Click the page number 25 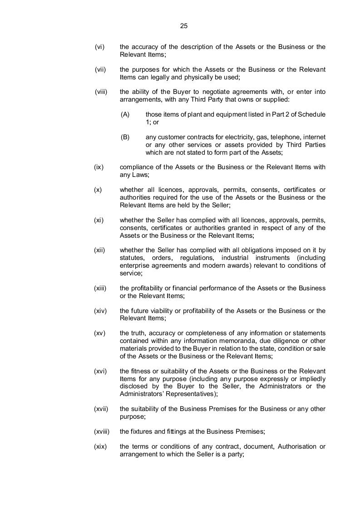(x=184, y=26)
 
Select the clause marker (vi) (x=100, y=47)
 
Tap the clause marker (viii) (x=101, y=92)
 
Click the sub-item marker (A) (x=125, y=114)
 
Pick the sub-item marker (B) (x=125, y=137)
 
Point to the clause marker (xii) (x=100, y=250)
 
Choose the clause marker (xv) (x=100, y=333)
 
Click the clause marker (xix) (x=100, y=446)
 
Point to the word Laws (x=141, y=175)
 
